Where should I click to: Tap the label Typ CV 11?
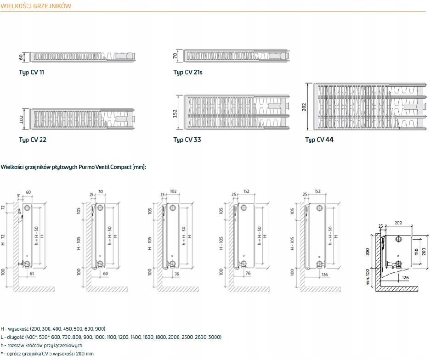point(32,73)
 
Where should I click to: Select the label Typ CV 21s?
point(188,73)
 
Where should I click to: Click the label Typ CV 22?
point(33,140)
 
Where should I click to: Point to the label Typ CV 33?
point(187,140)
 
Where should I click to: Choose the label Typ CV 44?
point(319,140)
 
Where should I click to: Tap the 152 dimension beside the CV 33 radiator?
point(175,113)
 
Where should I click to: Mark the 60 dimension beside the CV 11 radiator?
point(21,56)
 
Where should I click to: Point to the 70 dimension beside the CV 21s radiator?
point(175,56)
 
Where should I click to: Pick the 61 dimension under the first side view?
point(32,274)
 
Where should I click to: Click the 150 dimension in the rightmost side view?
point(416,251)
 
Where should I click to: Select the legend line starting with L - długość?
point(111,337)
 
